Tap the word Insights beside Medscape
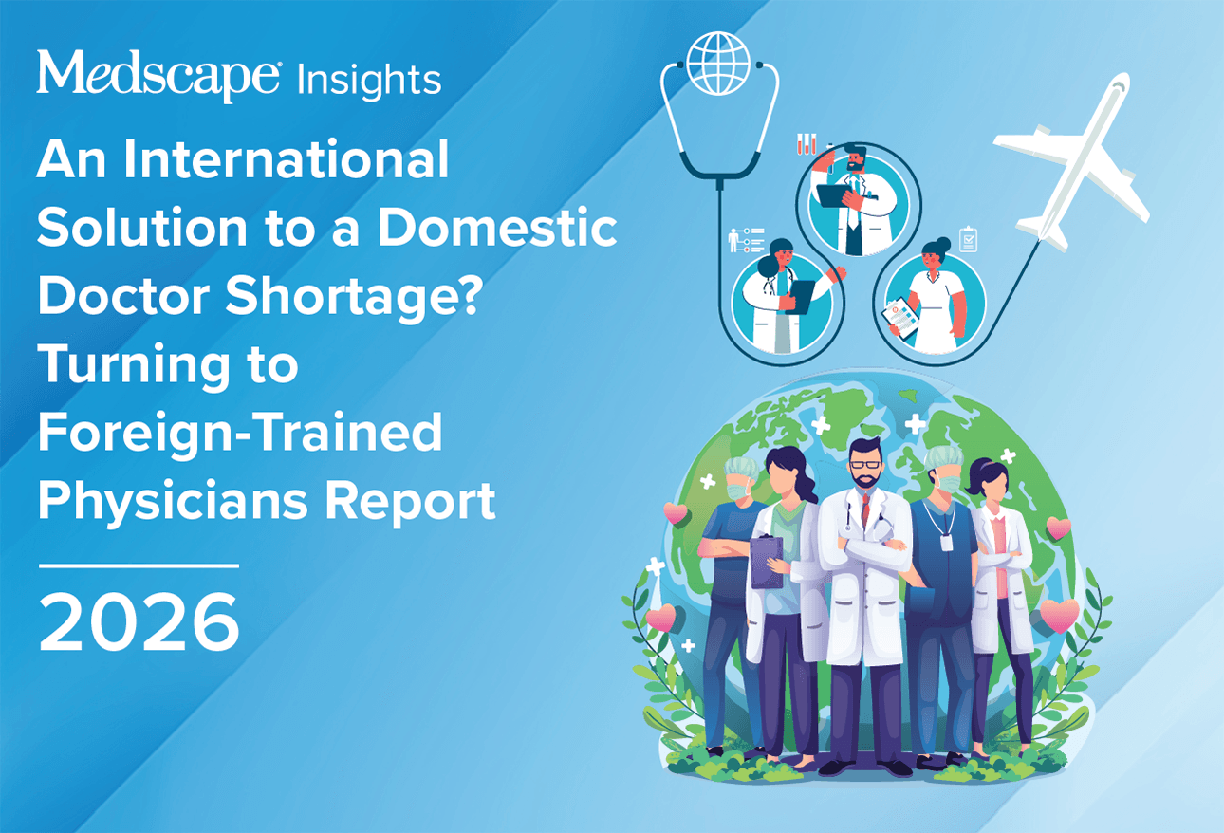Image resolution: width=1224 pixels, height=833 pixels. click(369, 79)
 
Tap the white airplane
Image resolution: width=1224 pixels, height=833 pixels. click(1072, 161)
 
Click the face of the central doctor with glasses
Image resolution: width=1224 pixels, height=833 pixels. click(864, 466)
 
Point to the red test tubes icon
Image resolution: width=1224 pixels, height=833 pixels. click(807, 143)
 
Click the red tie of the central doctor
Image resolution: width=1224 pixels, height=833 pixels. click(864, 513)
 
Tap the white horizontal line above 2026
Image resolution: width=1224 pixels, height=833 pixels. click(139, 565)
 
